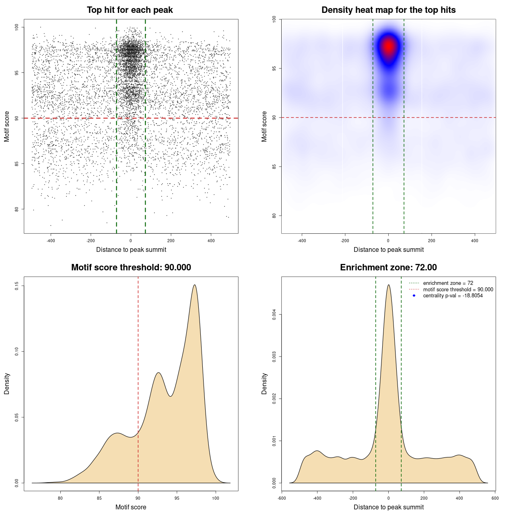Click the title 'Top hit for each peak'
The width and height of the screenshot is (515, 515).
point(130,10)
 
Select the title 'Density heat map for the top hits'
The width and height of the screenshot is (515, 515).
point(388,10)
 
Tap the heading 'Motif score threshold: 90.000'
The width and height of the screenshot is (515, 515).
point(131,268)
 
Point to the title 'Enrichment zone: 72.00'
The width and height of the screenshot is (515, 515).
point(388,268)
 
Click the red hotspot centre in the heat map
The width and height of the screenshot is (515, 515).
point(389,46)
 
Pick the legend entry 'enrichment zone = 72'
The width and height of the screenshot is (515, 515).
point(448,283)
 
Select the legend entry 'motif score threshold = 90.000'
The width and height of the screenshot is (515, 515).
point(458,289)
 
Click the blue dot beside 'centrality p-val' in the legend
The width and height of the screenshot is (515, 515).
point(414,296)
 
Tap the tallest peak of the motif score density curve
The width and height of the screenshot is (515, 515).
point(195,285)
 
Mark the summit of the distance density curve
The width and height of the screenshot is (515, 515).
point(389,285)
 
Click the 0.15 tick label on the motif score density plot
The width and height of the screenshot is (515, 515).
point(17,286)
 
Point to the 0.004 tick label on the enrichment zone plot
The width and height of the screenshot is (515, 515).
point(274,315)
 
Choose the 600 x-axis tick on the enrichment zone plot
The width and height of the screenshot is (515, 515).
point(495,498)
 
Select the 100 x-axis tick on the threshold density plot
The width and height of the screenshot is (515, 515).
point(216,498)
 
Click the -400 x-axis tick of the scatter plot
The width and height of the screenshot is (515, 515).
point(51,241)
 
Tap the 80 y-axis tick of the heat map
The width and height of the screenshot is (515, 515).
point(274,216)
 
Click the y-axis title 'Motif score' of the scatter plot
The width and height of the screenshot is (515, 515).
point(7,126)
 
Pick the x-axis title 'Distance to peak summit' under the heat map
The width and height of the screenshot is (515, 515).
point(389,250)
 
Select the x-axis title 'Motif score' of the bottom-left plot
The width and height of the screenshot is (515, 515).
point(131,507)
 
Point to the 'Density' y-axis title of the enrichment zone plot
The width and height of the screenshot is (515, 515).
point(264,383)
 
